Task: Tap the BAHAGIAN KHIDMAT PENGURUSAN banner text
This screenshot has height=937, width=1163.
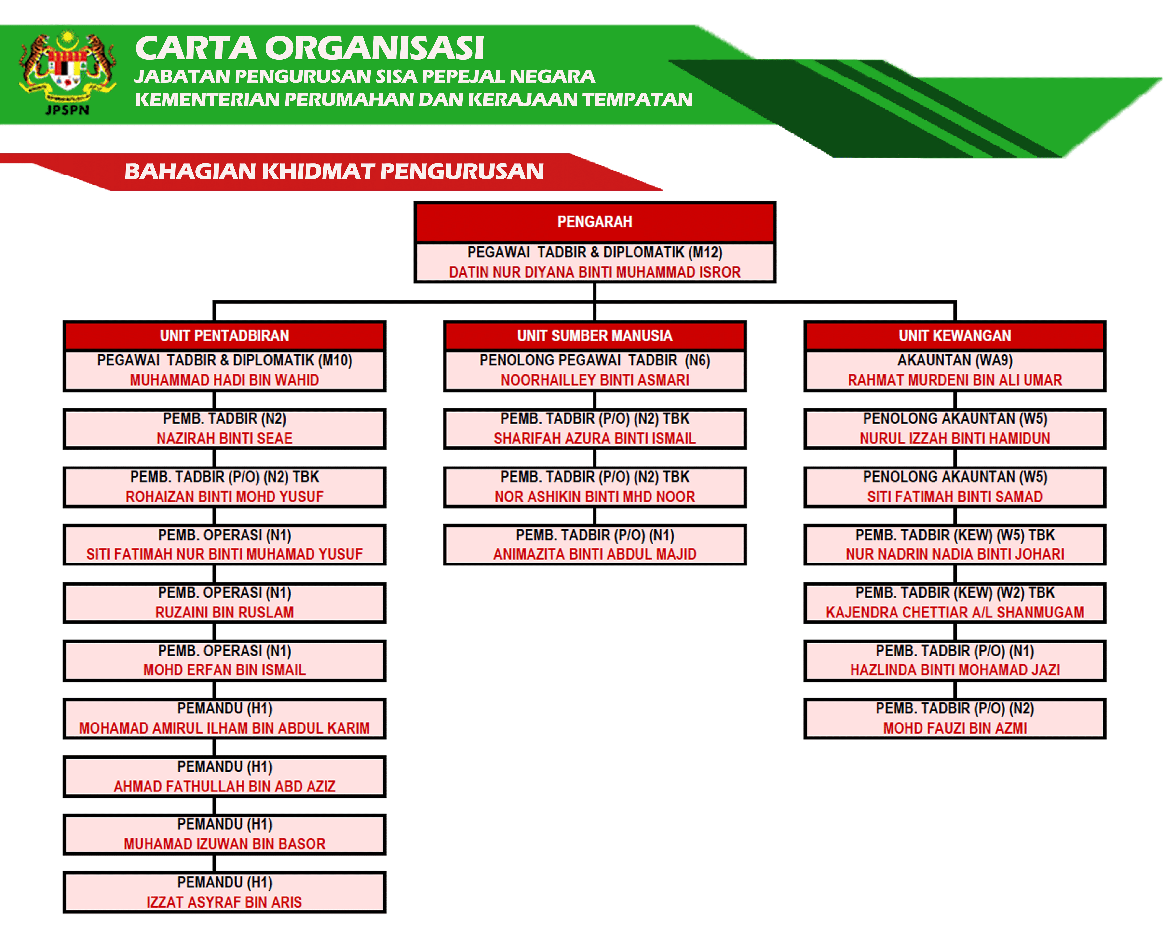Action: point(334,172)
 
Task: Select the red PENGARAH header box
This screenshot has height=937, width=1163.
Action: point(595,222)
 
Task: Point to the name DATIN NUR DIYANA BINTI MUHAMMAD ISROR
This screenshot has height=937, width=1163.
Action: point(595,272)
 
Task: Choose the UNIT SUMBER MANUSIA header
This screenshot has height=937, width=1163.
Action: point(595,336)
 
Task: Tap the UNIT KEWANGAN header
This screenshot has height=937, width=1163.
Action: point(955,336)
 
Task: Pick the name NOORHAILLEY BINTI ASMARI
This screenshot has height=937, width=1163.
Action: point(595,380)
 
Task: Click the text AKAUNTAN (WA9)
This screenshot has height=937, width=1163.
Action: point(955,360)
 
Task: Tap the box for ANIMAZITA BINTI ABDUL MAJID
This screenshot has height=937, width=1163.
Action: point(595,545)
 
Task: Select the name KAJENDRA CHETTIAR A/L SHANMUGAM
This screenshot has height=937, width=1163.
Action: point(955,612)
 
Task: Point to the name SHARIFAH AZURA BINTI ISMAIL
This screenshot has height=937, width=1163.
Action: point(595,438)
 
